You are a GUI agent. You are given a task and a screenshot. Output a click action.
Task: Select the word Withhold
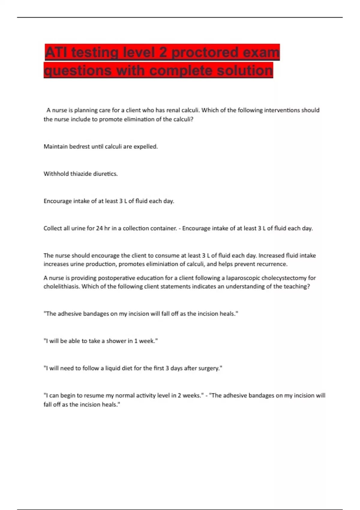click(56, 174)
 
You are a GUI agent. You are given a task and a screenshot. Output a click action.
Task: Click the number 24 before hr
click(99, 228)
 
